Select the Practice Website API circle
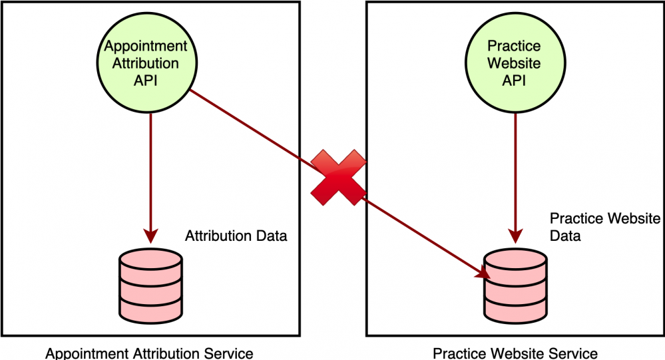(x=514, y=64)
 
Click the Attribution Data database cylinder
(x=150, y=287)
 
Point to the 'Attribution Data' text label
(x=236, y=236)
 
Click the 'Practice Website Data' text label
(x=604, y=227)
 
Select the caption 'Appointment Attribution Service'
(x=149, y=353)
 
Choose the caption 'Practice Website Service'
(x=515, y=353)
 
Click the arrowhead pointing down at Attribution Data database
(x=150, y=236)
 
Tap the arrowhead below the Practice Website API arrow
(x=515, y=236)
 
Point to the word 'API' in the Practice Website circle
(x=514, y=81)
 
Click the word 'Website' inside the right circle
(x=514, y=64)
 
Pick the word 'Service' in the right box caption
(x=573, y=353)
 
